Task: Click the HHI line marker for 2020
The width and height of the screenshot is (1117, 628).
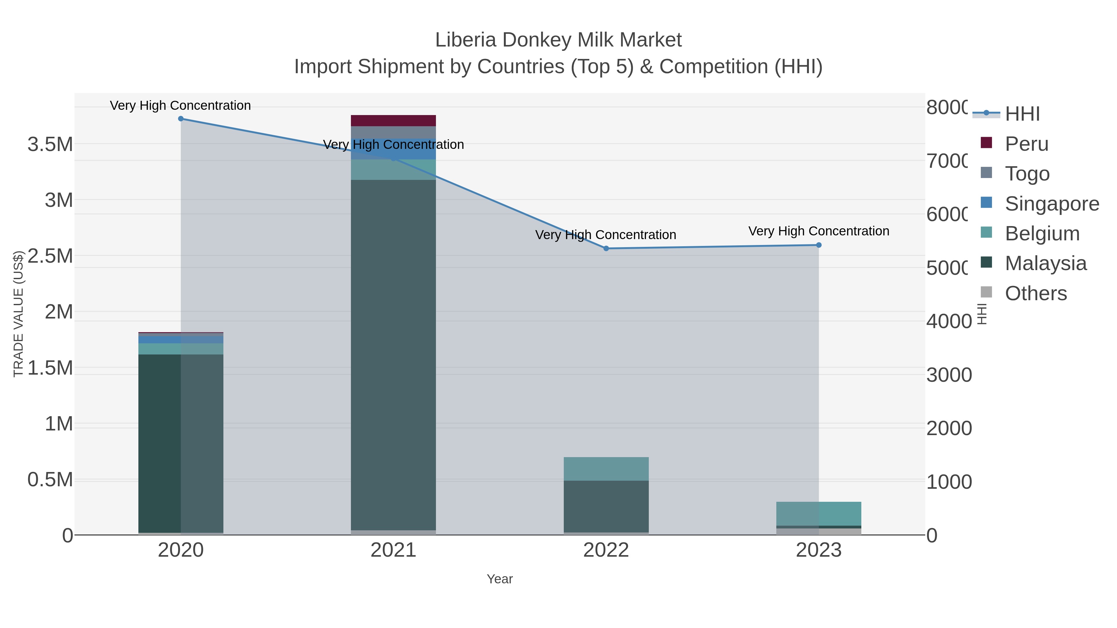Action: pos(181,119)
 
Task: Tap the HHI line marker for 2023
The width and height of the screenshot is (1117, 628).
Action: pos(819,245)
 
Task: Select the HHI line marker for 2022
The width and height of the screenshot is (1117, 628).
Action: pos(606,249)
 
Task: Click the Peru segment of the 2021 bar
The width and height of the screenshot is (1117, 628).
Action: pos(393,121)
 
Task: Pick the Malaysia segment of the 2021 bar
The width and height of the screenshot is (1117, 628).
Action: pos(393,355)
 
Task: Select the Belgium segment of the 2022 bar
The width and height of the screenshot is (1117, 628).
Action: pos(606,469)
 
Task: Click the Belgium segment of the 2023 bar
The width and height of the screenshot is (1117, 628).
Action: pos(819,514)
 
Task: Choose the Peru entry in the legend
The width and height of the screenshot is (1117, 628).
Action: pos(1026,144)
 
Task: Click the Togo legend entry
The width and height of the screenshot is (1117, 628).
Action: pos(1027,174)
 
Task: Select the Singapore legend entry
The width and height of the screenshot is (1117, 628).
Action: pos(1052,204)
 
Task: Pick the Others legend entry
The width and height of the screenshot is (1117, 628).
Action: pos(1035,293)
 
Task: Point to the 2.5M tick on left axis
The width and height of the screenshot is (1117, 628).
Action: pos(50,256)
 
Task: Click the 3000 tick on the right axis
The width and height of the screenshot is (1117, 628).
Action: pos(949,375)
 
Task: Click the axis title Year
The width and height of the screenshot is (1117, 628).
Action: pos(500,579)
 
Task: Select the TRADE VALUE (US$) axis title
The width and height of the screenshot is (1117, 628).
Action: pos(18,314)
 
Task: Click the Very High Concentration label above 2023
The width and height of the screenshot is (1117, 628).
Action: pos(819,231)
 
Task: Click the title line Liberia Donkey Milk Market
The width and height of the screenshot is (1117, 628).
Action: pos(558,40)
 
